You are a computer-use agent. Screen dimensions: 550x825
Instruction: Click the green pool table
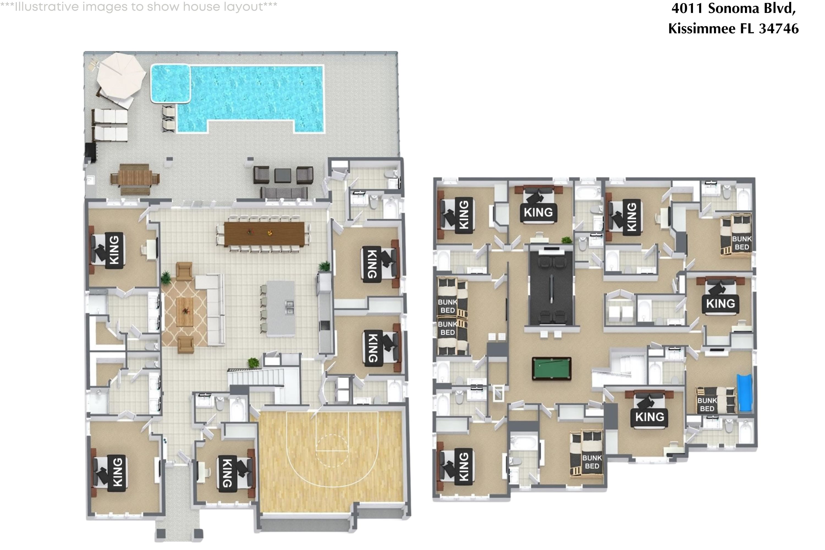coord(551,368)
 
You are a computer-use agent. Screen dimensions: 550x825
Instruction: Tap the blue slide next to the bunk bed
coord(744,393)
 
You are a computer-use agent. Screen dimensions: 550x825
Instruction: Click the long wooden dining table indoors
coord(264,233)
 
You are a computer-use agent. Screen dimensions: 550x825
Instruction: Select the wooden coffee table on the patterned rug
coord(185,312)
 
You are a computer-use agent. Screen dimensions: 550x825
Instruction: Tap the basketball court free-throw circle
coord(332,451)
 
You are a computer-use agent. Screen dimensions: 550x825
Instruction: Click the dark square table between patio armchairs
coord(282,175)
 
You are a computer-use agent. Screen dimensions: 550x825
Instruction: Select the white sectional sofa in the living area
coord(215,309)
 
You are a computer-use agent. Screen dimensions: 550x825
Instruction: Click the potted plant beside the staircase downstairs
coord(253,363)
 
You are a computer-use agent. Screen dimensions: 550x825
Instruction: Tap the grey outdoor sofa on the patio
coord(284,193)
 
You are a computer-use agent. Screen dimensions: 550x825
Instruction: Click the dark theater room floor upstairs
coord(551,288)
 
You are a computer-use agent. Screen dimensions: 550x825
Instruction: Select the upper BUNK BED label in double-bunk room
coord(447,306)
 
